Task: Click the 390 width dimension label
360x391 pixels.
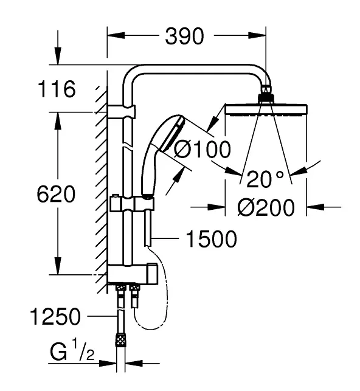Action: pos(184,36)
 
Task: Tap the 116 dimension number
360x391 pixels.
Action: pos(57,89)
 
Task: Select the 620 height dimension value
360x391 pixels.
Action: pos(56,194)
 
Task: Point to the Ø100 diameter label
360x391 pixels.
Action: pos(202,149)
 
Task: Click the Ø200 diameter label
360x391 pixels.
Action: pos(266,207)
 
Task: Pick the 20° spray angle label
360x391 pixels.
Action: pos(265,179)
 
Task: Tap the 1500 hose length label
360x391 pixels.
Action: pos(212,239)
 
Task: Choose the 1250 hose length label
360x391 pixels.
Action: pos(55,316)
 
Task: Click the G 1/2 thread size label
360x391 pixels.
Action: pos(72,351)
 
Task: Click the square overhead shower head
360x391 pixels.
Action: pos(266,110)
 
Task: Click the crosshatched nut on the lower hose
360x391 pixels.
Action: pos(120,340)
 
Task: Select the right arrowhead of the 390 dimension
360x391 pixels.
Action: pos(257,35)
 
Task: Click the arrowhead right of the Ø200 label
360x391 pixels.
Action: pos(316,207)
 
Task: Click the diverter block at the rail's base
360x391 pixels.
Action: pos(133,274)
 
